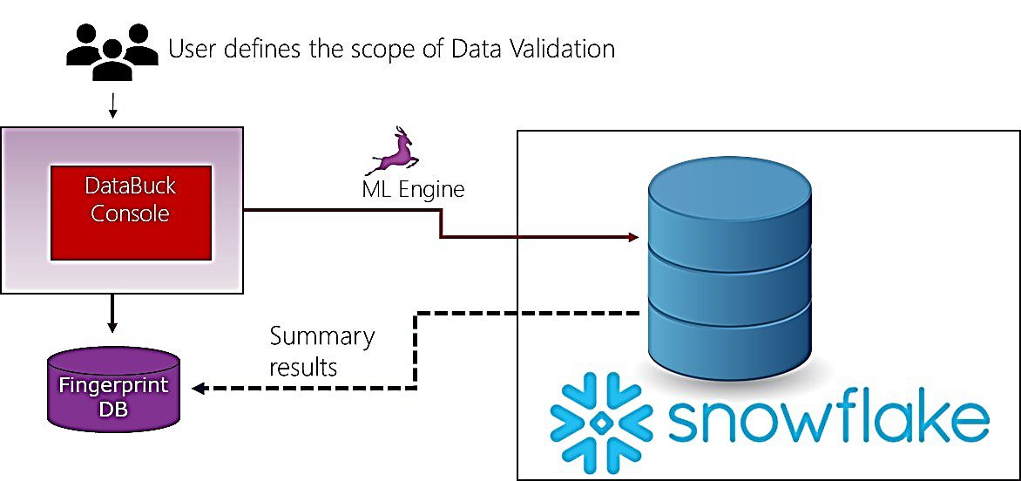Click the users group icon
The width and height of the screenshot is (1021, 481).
pyautogui.click(x=112, y=53)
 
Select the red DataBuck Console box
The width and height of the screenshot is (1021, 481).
pyautogui.click(x=131, y=213)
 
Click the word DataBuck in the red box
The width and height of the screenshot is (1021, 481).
pyautogui.click(x=130, y=186)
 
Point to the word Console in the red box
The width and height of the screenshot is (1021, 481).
pyautogui.click(x=130, y=213)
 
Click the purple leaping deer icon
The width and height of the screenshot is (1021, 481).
pyautogui.click(x=394, y=152)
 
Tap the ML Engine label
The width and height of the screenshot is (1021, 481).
pyautogui.click(x=413, y=189)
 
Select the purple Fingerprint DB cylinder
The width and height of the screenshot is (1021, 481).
pyautogui.click(x=115, y=389)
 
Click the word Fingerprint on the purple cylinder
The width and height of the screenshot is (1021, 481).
pyautogui.click(x=114, y=384)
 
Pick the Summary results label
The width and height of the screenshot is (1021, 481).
pyautogui.click(x=322, y=352)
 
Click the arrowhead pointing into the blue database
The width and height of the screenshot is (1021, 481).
pyautogui.click(x=633, y=238)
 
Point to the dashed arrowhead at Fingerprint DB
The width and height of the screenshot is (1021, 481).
pyautogui.click(x=199, y=388)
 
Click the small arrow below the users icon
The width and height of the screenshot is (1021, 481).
pyautogui.click(x=112, y=105)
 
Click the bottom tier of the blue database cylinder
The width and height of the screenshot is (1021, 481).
pyautogui.click(x=729, y=345)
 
